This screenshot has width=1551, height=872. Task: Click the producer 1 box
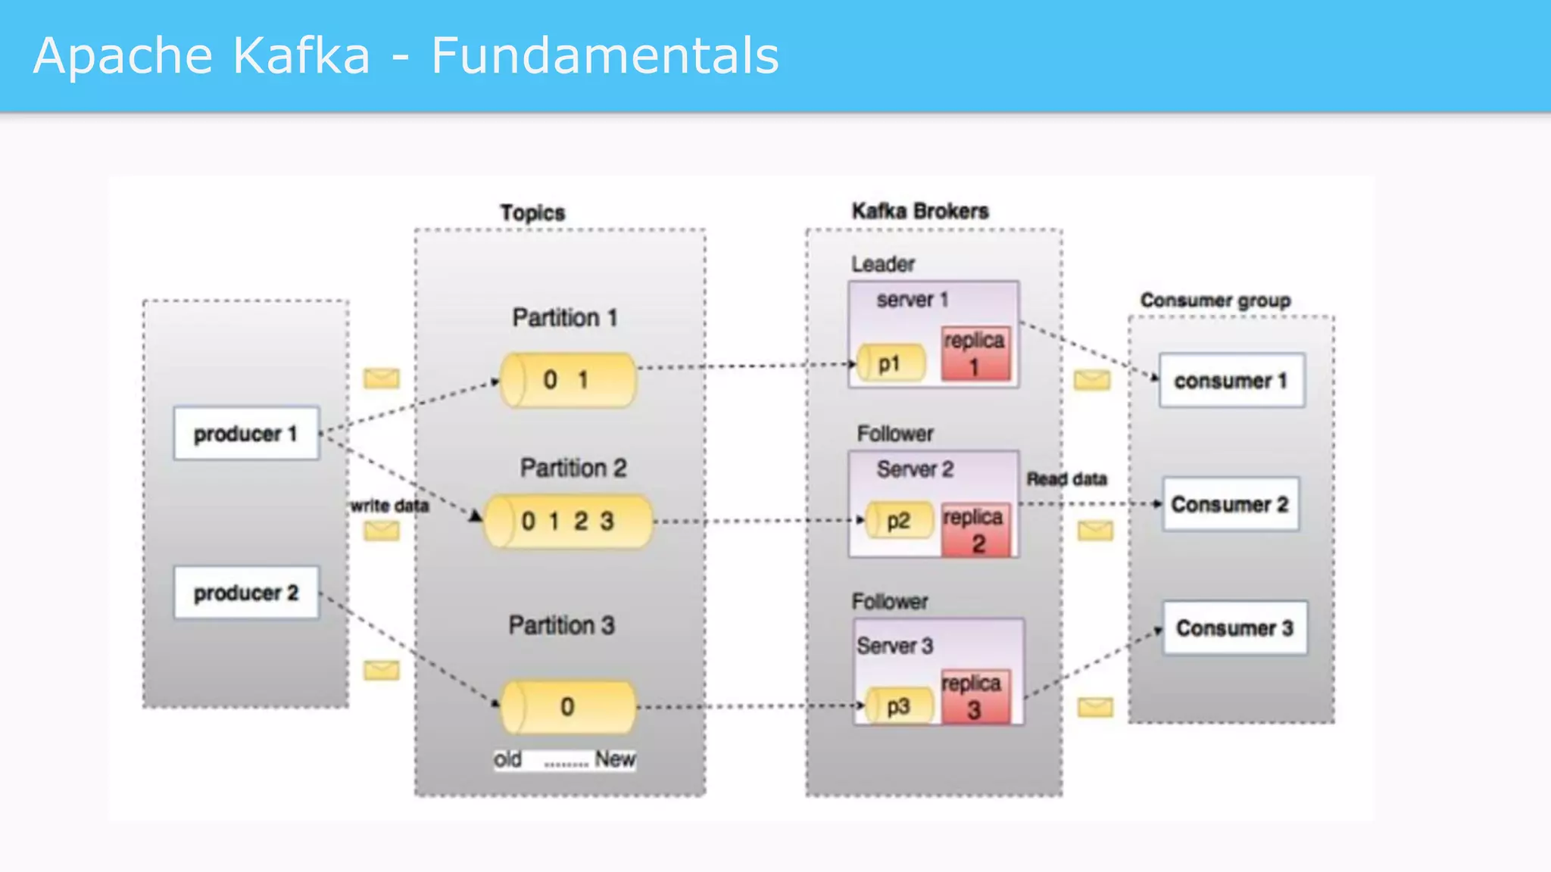tap(246, 434)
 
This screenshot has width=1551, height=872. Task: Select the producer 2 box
tap(246, 593)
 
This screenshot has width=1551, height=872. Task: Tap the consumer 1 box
tap(1231, 381)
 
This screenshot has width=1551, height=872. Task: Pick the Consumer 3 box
tap(1234, 628)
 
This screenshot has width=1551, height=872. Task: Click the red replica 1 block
tap(975, 354)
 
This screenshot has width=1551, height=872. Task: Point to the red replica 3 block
tap(974, 696)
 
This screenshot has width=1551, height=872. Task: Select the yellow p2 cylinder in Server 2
tap(899, 521)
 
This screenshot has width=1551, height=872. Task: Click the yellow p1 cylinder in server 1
tap(891, 364)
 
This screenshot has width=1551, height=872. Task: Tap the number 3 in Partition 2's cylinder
tap(607, 521)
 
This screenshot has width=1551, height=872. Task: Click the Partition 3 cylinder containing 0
tap(568, 707)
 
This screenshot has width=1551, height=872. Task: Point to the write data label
tap(389, 506)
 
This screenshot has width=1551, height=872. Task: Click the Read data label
tap(1066, 479)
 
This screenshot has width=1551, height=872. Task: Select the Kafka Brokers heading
tap(920, 211)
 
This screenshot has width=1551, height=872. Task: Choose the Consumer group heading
tap(1216, 301)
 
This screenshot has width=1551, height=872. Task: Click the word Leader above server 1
tap(882, 264)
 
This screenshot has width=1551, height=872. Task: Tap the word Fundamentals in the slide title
tap(604, 56)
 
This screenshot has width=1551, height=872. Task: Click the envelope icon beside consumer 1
tap(1092, 380)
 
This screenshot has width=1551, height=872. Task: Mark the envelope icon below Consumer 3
tap(1095, 708)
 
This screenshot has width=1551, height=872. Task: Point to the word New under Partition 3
tap(614, 759)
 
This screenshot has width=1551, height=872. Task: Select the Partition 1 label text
tap(565, 318)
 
